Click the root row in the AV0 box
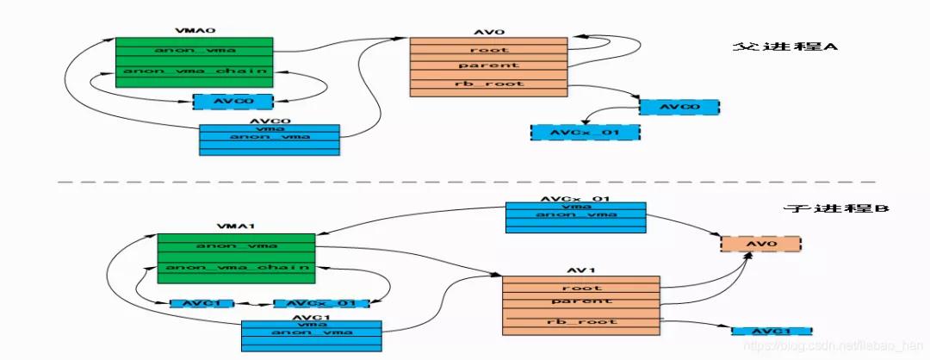[x=488, y=50]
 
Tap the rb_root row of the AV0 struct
[x=488, y=84]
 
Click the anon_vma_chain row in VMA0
[x=195, y=71]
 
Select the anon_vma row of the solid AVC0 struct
[x=269, y=136]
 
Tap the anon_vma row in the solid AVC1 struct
[x=311, y=332]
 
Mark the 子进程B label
[x=825, y=209]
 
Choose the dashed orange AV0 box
[x=760, y=245]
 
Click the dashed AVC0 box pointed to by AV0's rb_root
[x=679, y=108]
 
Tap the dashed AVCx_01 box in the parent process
[x=586, y=133]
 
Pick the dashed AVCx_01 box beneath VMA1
[x=321, y=304]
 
